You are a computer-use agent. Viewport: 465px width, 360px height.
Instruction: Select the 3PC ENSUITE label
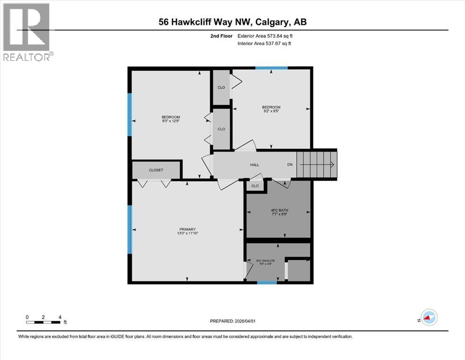click(265, 260)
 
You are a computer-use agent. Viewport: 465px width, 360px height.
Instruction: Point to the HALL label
click(254, 165)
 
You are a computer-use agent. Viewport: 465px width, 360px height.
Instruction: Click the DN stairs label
click(290, 165)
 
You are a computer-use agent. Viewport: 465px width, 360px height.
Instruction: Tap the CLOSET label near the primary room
click(156, 170)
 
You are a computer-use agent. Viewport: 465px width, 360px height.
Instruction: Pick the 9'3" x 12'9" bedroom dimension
click(170, 121)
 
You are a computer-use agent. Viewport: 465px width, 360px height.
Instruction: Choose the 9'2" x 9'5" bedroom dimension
click(271, 112)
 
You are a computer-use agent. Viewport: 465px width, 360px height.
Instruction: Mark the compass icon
click(428, 318)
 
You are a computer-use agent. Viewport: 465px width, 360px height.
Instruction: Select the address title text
click(232, 22)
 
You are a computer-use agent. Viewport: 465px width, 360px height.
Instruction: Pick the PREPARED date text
click(233, 321)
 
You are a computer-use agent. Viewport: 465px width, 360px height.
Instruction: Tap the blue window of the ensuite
click(267, 282)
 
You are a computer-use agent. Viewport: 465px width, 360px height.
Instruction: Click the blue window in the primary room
click(131, 229)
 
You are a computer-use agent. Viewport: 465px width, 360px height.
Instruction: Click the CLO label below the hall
click(255, 186)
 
